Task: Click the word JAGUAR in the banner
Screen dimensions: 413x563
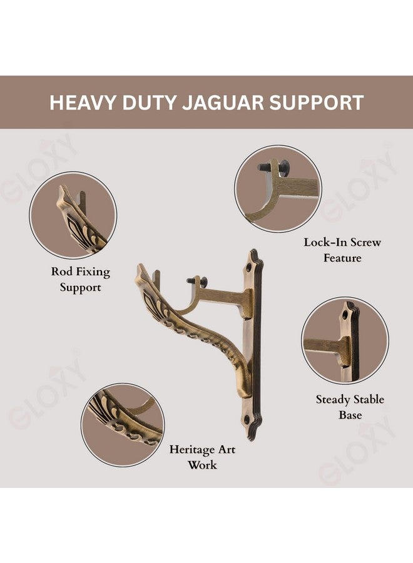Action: coord(223,103)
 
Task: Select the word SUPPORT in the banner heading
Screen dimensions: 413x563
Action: coord(317,103)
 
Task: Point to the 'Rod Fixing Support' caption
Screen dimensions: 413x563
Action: coord(81,280)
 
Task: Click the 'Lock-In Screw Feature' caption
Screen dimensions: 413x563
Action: coord(342,250)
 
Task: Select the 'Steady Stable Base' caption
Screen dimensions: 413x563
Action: coord(350,407)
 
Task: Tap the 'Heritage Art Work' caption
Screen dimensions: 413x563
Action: coord(202,457)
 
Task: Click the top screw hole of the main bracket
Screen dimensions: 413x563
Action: coord(248,268)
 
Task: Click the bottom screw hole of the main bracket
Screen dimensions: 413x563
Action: coord(247,419)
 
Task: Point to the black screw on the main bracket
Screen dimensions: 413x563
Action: coord(196,281)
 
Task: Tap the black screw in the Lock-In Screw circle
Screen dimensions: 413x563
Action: coord(273,167)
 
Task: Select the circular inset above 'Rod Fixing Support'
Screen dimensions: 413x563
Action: coord(73,215)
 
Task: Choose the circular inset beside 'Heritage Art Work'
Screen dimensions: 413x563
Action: coord(123,425)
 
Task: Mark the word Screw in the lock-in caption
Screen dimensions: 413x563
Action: coord(365,242)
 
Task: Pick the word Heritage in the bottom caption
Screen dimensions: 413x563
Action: coord(192,450)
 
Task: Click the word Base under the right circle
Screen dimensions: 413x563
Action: coord(350,415)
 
